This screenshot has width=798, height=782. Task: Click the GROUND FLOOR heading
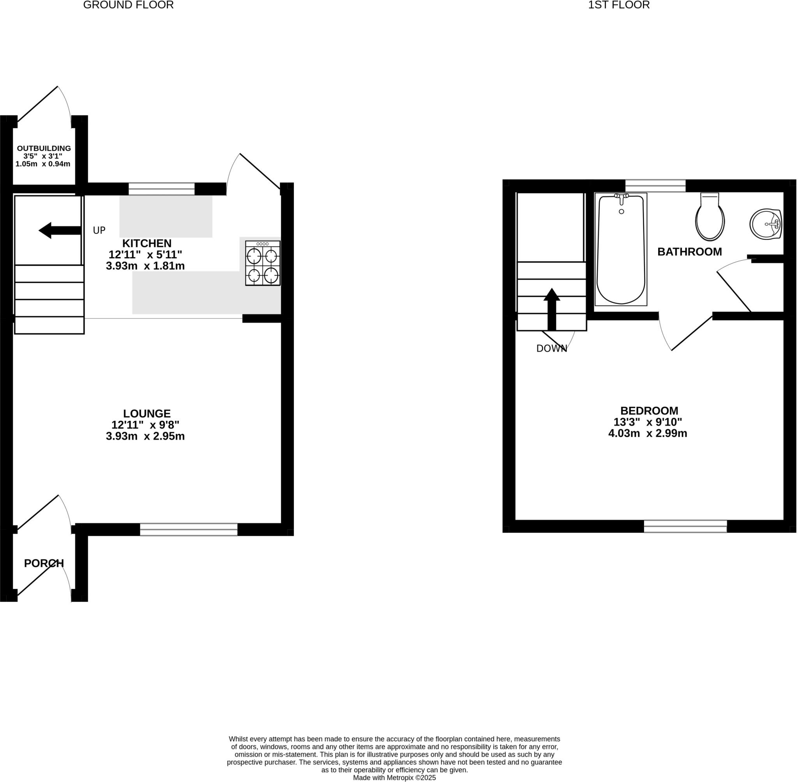point(128,5)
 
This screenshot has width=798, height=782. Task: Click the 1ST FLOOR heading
point(619,5)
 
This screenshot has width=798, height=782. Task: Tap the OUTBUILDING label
point(44,148)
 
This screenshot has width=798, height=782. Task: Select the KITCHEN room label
point(147,243)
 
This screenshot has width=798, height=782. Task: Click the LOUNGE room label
point(147,413)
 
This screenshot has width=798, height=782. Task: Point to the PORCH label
point(44,564)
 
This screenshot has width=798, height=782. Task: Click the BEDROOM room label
point(649,411)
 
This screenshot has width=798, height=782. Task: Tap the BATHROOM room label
point(689,252)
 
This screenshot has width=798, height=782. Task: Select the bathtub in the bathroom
point(621,249)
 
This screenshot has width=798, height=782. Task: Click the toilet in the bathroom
point(710,218)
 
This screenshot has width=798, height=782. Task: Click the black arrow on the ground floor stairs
point(59,231)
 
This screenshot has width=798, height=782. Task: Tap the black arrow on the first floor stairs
point(552,309)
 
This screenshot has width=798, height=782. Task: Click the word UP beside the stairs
point(99,231)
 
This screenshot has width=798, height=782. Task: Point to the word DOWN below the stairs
point(551,349)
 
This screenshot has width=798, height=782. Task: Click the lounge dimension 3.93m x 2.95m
point(145,436)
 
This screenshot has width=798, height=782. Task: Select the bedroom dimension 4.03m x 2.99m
point(648,433)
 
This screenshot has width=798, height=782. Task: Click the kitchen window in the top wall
point(161,188)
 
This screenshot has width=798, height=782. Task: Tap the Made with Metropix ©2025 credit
point(394,777)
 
